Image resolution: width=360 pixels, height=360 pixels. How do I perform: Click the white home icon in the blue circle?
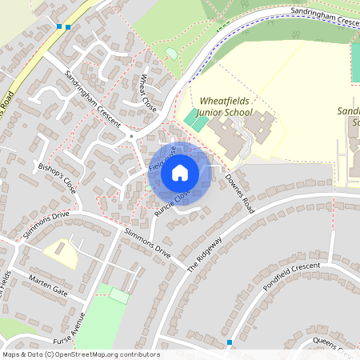click(x=180, y=172)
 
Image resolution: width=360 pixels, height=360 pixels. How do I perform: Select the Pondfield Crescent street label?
click(x=290, y=276)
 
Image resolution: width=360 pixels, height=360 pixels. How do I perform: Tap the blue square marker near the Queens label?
click(x=230, y=342)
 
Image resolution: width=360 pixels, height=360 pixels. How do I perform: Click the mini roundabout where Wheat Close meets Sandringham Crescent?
click(x=130, y=136)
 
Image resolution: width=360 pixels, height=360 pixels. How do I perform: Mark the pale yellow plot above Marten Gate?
click(x=62, y=254)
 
